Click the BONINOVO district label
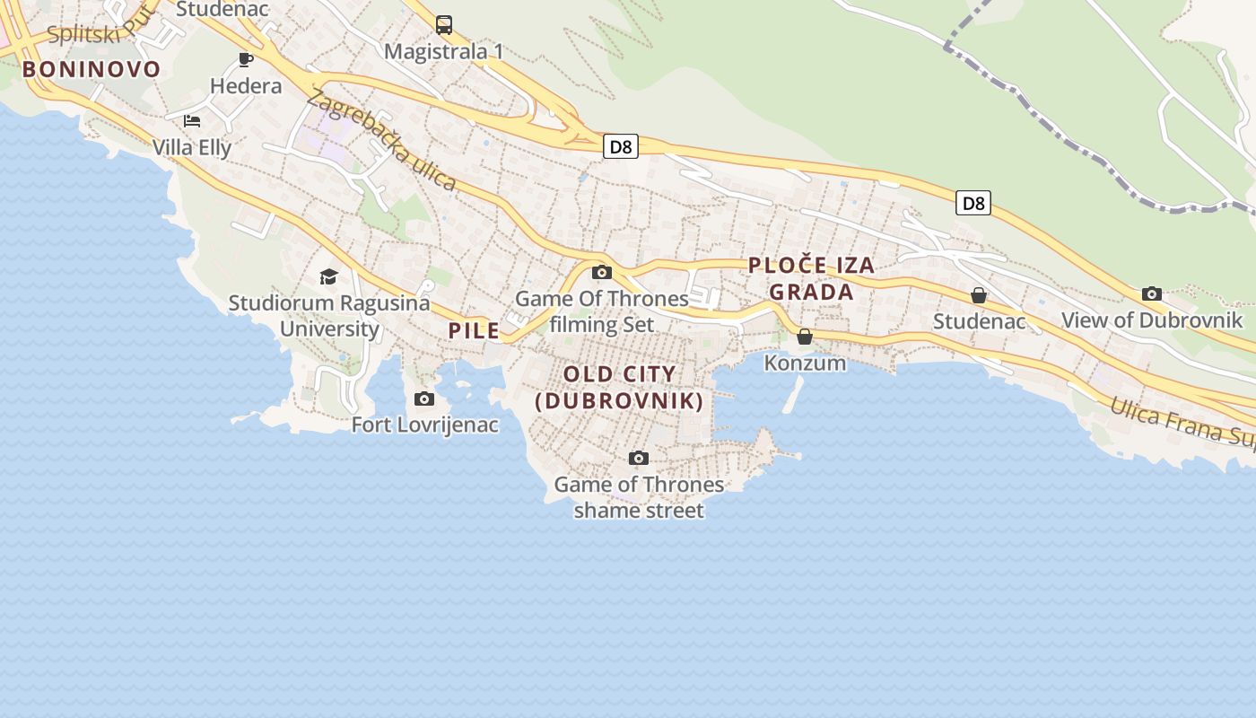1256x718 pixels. coord(92,69)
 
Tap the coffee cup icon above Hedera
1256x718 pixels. coord(245,60)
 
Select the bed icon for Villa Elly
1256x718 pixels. coord(191,120)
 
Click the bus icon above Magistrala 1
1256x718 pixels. coord(444,25)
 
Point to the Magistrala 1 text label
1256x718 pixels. coord(444,52)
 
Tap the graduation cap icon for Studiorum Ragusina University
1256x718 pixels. coord(329,276)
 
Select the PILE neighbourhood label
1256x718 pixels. coord(474,330)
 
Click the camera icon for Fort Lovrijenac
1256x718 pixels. coord(424,398)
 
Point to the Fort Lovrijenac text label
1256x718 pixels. coord(424,425)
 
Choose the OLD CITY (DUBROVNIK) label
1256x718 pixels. coord(619,388)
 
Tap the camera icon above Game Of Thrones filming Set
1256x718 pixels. coord(602,273)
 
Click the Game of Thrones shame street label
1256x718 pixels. coord(639,497)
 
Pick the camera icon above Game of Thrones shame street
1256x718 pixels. coord(639,459)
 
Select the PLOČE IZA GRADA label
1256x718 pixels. coord(811,278)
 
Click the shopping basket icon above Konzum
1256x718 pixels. coord(805,337)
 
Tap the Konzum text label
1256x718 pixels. coord(805,363)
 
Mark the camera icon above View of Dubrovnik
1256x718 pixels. coord(1152,293)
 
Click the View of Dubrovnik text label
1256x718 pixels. coord(1152,320)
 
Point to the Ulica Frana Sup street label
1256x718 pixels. coord(1182,422)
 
